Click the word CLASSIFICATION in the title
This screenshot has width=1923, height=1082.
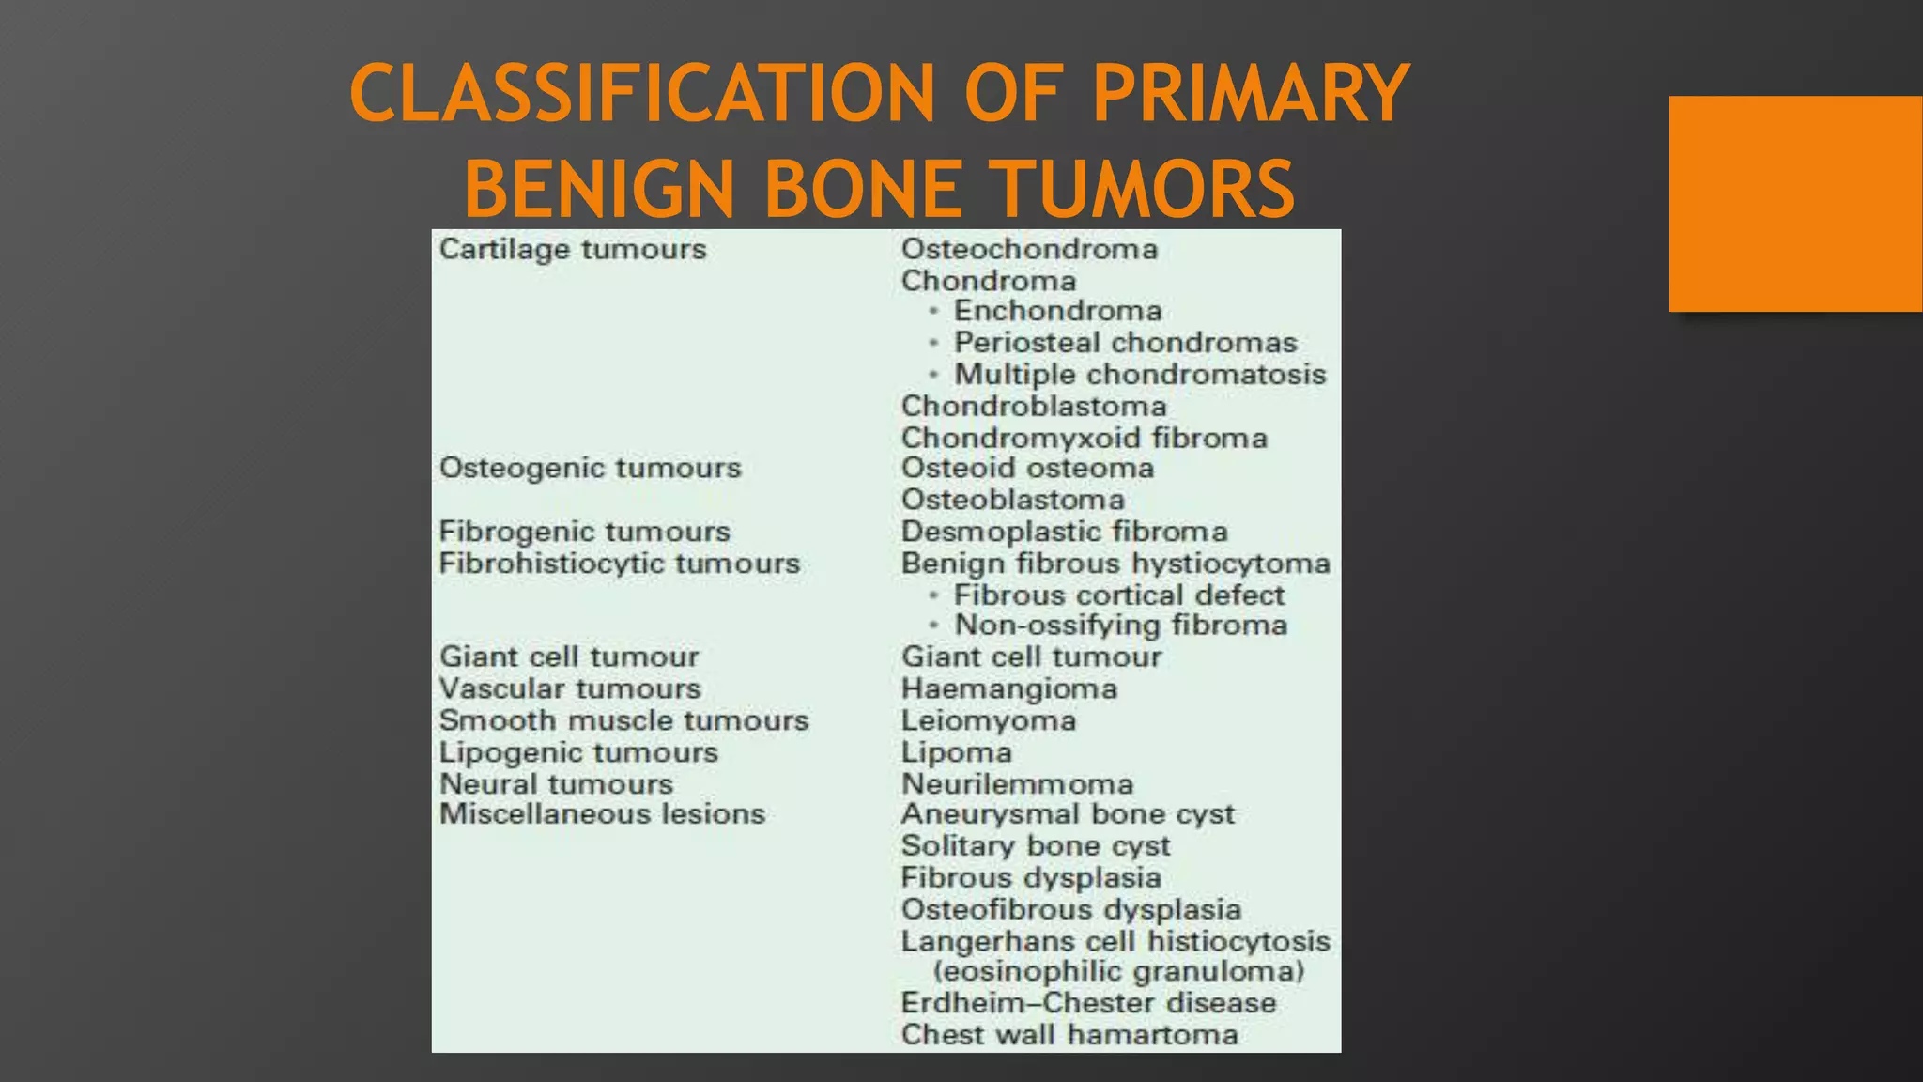[642, 93]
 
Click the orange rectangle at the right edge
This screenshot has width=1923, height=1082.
[1794, 204]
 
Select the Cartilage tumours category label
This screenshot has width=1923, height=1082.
[573, 250]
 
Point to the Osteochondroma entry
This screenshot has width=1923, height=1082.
[1029, 250]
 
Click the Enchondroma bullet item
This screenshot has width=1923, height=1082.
[1057, 311]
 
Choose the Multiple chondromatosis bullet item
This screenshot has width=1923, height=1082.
[1140, 375]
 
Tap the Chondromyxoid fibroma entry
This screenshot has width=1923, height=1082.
[1084, 438]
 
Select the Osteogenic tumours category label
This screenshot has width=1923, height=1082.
[590, 468]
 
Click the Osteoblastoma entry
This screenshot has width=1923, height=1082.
[1012, 500]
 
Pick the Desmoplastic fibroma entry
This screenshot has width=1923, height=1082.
[1064, 532]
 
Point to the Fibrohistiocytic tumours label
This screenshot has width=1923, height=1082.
[619, 564]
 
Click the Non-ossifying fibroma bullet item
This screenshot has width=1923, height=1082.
[1120, 626]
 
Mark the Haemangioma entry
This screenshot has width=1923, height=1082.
[1008, 689]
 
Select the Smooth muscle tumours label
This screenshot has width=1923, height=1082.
[623, 720]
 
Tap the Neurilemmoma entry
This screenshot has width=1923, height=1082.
[1017, 784]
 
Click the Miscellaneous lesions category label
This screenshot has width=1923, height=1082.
[602, 814]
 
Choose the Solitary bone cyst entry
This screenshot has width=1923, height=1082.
[1035, 846]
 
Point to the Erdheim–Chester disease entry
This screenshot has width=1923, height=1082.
[1088, 1003]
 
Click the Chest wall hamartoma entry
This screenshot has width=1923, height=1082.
[1069, 1035]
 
